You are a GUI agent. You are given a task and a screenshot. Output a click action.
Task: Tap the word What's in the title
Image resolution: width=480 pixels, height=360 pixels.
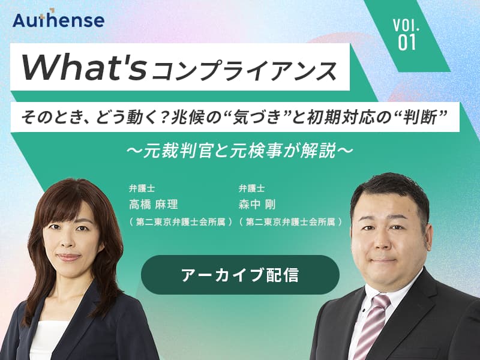[x=83, y=67]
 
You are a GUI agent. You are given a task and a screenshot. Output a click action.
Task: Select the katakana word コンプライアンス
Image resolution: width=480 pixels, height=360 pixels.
[x=244, y=71]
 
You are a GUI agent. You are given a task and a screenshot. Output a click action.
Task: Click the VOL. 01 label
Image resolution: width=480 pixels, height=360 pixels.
[x=407, y=34]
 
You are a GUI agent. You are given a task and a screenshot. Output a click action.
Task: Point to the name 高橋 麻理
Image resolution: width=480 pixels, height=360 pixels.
[x=154, y=205]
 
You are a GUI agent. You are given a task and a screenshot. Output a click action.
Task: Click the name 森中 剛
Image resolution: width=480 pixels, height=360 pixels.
[x=257, y=205]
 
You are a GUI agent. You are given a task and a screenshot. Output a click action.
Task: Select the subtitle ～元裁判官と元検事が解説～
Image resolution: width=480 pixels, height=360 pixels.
[x=240, y=150]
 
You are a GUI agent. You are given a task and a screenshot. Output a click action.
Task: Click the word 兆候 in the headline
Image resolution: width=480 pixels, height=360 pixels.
[x=185, y=117]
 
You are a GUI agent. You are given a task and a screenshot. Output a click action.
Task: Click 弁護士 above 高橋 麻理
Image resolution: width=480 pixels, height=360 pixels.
[x=142, y=188]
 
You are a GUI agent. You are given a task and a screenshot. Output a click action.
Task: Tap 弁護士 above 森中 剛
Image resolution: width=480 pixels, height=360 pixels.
[x=251, y=188]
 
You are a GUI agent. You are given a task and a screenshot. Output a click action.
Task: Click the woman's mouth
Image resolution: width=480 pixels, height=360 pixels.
[x=68, y=257]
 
